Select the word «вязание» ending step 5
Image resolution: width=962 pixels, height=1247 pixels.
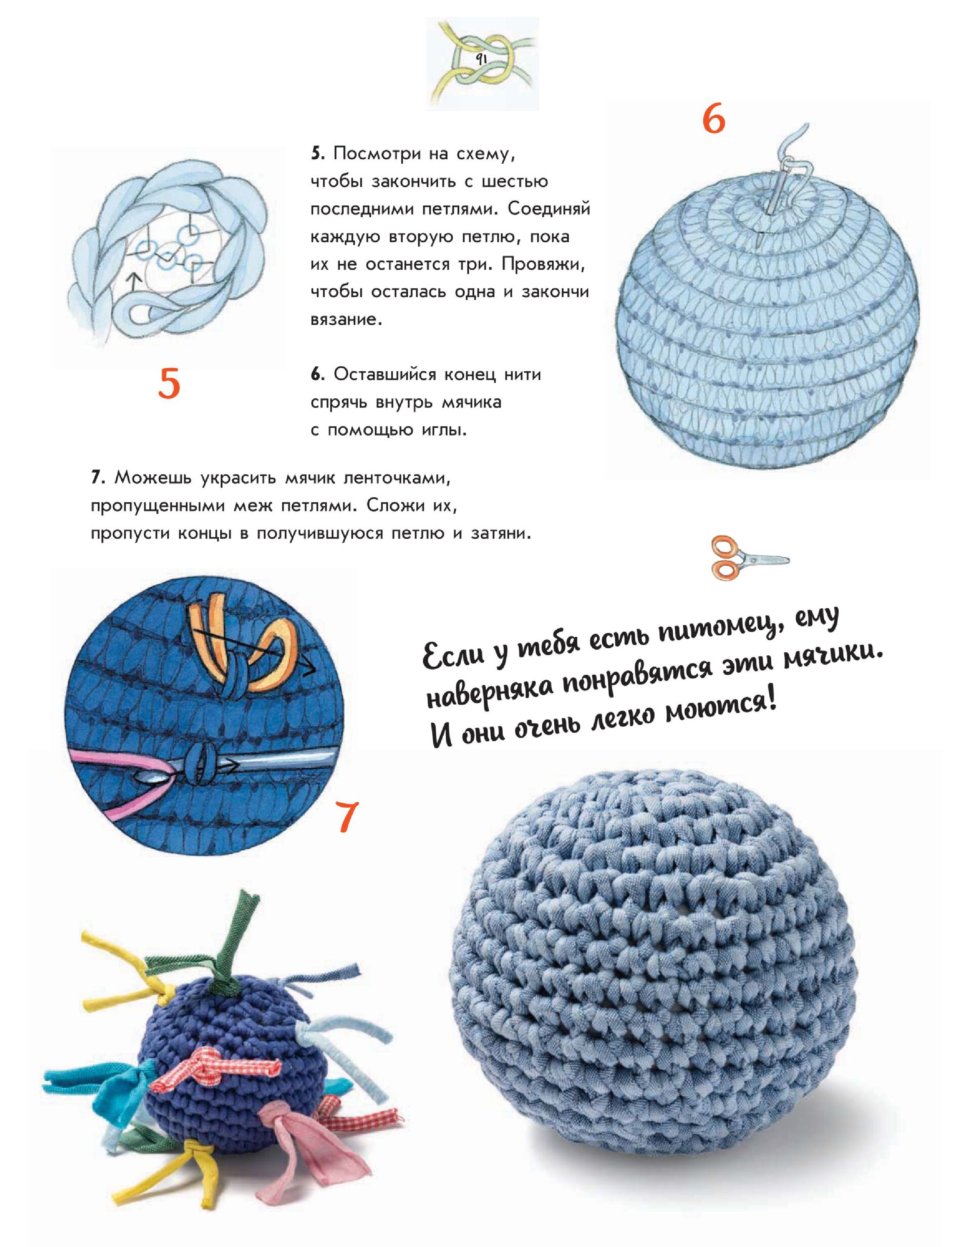(x=345, y=319)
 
